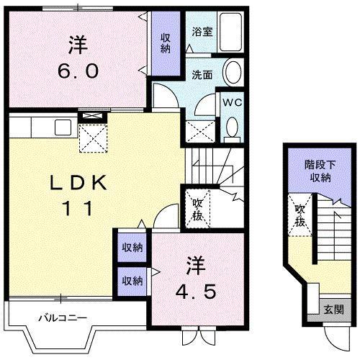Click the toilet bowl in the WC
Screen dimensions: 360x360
coord(232,127)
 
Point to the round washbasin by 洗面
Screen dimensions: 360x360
coord(233,73)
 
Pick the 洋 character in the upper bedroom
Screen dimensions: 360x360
coord(77,45)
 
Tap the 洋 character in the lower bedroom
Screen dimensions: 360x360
coord(194,264)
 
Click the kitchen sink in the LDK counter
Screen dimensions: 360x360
coord(61,128)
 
